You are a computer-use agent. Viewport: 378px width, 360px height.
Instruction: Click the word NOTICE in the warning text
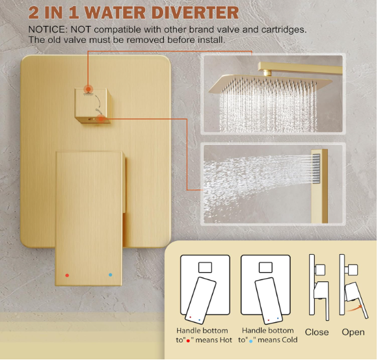click(47, 30)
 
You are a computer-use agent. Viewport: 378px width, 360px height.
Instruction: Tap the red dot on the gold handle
click(67, 275)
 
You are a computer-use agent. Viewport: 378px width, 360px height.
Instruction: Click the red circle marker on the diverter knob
click(88, 88)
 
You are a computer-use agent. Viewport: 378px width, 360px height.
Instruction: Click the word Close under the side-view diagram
click(317, 332)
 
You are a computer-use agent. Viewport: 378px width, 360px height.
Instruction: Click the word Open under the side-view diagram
click(353, 332)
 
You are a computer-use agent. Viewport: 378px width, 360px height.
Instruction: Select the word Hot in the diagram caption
click(224, 340)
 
